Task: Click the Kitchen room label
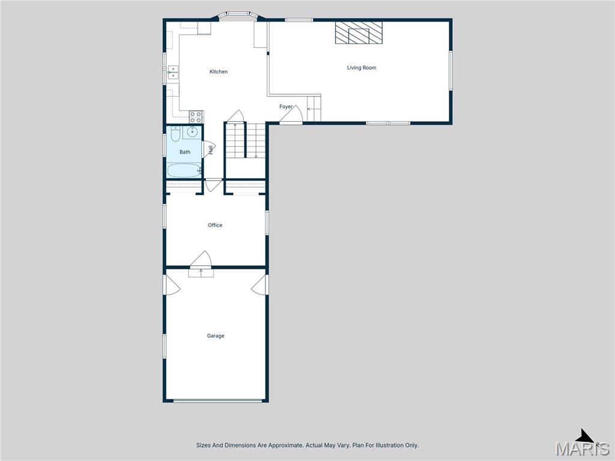point(219,72)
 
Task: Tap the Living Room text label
point(362,68)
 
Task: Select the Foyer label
point(286,107)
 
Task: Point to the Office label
point(215,225)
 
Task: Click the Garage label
point(216,336)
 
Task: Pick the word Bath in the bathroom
point(185,152)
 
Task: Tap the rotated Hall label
point(211,149)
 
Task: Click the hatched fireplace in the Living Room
point(359,33)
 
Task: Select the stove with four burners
point(196,117)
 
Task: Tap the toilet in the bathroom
point(174,133)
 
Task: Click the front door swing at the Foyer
point(291,116)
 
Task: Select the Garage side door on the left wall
point(172,285)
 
